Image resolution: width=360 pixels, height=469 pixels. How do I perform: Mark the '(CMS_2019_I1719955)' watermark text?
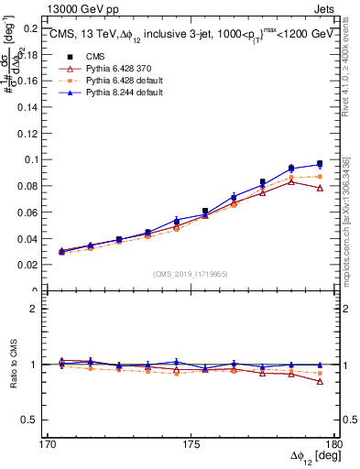coord(191,273)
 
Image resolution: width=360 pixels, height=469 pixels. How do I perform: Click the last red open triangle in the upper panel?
coord(320,188)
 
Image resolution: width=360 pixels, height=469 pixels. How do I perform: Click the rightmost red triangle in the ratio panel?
coord(320,381)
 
